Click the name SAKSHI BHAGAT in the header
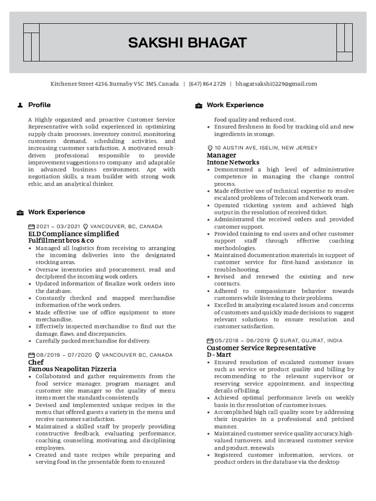pos(188,43)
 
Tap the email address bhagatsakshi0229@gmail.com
pos(276,84)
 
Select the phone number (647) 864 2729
pos(207,84)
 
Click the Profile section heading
pos(39,105)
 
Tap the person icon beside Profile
pos(20,105)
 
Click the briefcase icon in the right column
pos(198,105)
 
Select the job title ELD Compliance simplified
pos(73,234)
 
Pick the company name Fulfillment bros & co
pos(61,241)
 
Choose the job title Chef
pos(36,362)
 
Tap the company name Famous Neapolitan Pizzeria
pos(72,369)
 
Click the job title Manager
pos(221,155)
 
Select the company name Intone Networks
pos(233,162)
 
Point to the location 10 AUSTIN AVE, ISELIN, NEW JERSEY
pos(266,148)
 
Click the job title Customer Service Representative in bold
pos(261,348)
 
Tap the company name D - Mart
pos(219,355)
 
